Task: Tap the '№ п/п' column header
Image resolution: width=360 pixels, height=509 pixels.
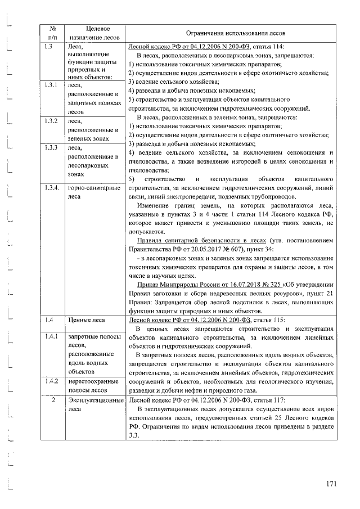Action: pyautogui.click(x=52, y=33)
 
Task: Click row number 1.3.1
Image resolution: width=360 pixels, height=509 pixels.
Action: pyautogui.click(x=51, y=85)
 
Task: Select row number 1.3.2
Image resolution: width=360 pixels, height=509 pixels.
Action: pyautogui.click(x=51, y=121)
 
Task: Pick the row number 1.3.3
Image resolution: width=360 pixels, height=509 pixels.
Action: pyautogui.click(x=51, y=148)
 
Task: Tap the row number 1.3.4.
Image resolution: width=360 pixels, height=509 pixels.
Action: pyautogui.click(x=52, y=188)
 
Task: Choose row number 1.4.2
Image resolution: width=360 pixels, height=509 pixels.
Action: pyautogui.click(x=51, y=381)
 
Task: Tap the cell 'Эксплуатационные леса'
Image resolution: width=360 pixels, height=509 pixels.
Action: pyautogui.click(x=95, y=404)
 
